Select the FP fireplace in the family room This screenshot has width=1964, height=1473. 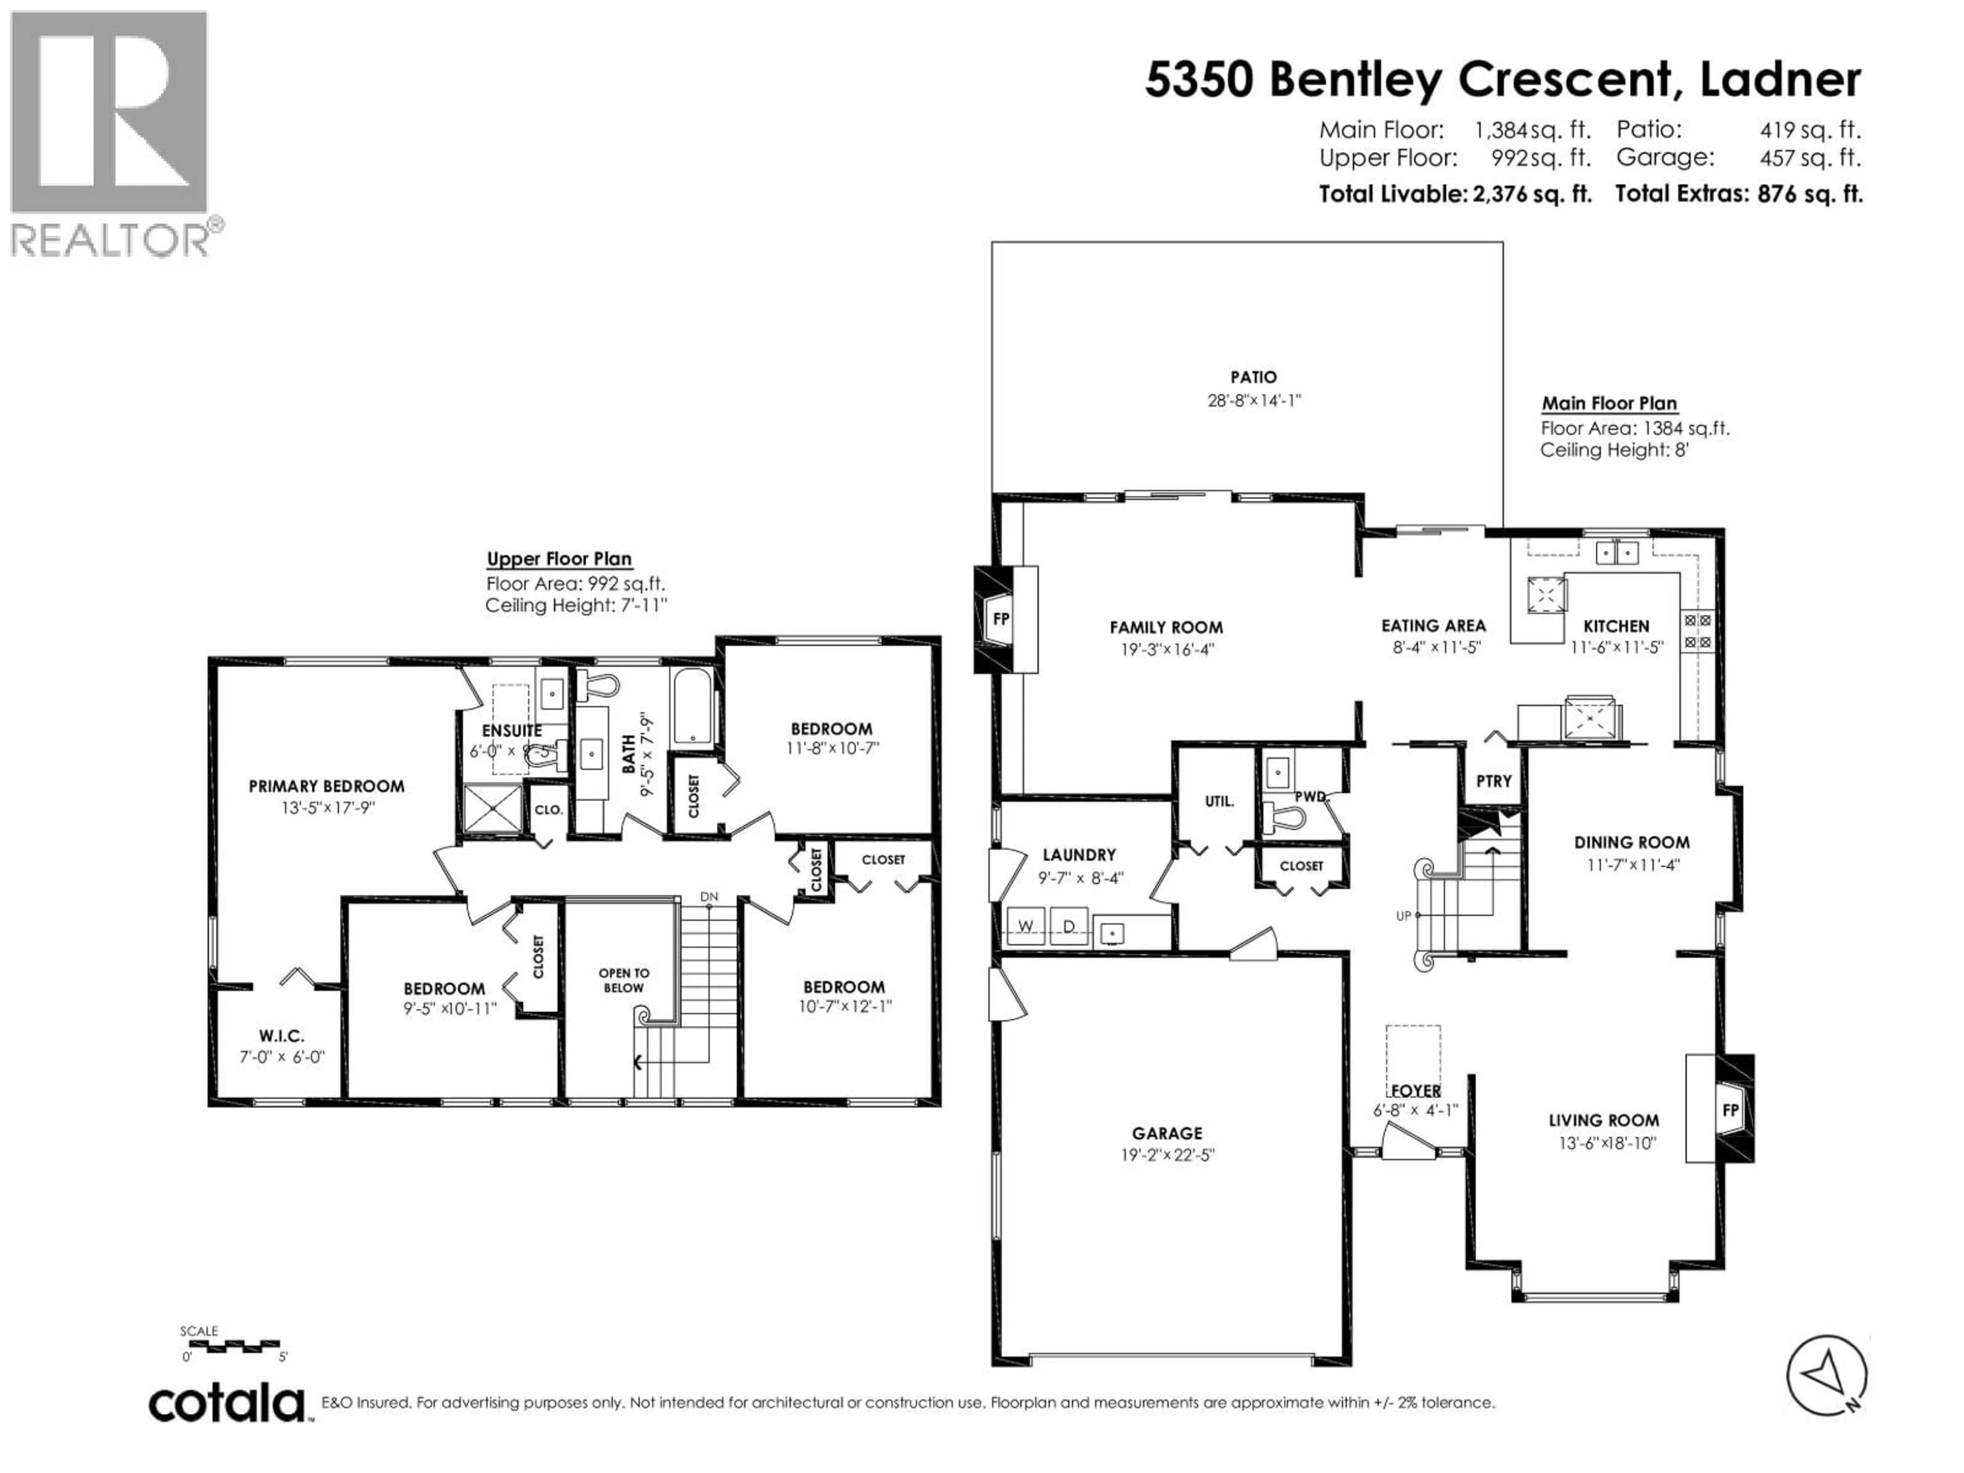click(x=1000, y=619)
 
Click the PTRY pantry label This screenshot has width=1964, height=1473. click(x=1493, y=782)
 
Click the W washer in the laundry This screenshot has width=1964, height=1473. click(x=1025, y=926)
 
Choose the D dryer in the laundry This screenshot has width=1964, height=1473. click(x=1069, y=926)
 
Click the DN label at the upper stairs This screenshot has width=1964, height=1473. click(x=708, y=897)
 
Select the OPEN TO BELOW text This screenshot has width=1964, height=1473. click(x=623, y=980)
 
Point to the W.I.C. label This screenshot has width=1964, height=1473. click(x=281, y=1035)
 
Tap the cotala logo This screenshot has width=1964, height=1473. click(x=227, y=1404)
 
